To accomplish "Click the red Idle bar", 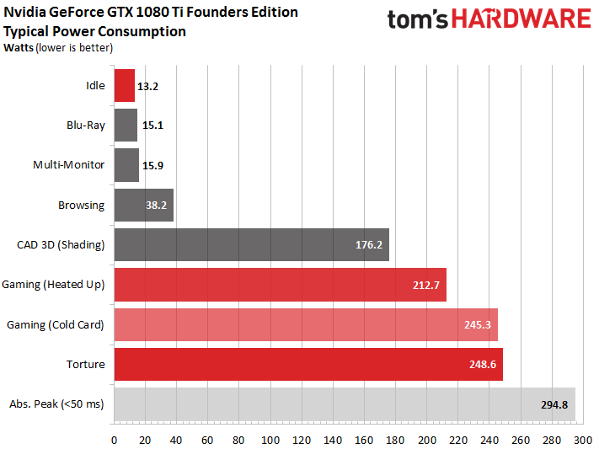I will [124, 85].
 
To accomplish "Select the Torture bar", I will [308, 364].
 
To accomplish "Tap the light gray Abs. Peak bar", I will [344, 404].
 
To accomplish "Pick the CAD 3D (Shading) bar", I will [251, 244].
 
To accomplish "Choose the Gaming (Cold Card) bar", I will [305, 324].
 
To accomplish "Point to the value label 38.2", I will [158, 205].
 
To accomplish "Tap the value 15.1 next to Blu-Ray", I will [152, 126].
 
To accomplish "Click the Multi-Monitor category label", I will [69, 164].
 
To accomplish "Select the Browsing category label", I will [81, 205].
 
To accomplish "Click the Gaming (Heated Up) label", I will [54, 284].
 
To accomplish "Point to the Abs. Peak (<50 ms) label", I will [56, 404].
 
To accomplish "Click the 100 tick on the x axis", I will [270, 439].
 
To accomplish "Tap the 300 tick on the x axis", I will [583, 439].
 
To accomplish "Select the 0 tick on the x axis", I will [114, 439].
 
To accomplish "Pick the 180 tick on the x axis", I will [395, 439].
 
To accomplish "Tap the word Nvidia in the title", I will [24, 13].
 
